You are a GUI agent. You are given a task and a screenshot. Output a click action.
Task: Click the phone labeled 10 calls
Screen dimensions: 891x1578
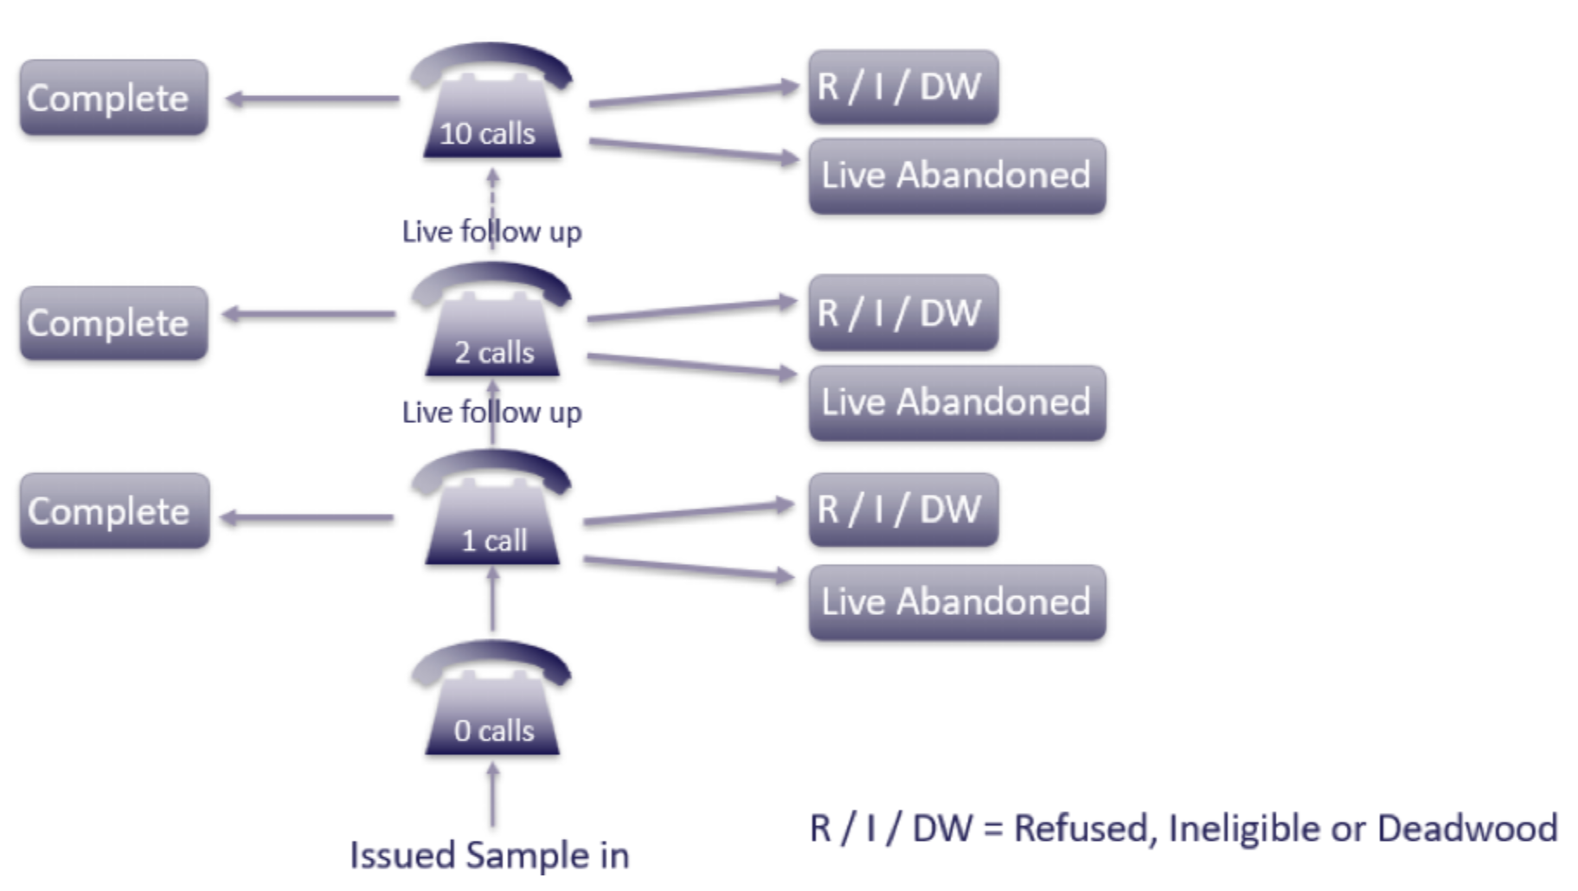tap(491, 104)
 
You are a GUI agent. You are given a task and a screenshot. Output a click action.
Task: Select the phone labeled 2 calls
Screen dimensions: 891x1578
tap(491, 324)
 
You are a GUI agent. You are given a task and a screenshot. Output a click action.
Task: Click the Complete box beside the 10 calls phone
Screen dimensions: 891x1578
tap(113, 98)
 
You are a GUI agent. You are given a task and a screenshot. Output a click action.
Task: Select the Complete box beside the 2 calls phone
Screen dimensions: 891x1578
tap(113, 323)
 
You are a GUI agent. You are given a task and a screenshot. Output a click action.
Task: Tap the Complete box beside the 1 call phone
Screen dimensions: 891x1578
tap(114, 510)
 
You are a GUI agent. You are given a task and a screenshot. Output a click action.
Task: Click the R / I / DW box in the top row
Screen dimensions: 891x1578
tap(902, 87)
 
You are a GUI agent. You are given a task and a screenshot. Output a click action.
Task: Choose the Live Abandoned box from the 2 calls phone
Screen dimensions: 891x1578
tap(956, 403)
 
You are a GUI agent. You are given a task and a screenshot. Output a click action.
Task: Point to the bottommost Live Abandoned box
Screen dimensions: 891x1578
tap(956, 602)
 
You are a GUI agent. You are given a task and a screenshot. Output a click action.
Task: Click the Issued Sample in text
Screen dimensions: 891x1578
tap(489, 855)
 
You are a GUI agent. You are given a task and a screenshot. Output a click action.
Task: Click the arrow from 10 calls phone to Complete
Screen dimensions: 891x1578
tap(311, 99)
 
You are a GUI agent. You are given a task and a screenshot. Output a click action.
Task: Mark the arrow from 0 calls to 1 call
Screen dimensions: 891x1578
tap(492, 599)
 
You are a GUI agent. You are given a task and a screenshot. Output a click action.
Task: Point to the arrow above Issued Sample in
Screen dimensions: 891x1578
tap(492, 794)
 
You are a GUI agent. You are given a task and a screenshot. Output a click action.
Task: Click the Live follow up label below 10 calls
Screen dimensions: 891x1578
tap(491, 232)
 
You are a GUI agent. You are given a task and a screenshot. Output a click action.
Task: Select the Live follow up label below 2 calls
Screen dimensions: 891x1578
tap(491, 413)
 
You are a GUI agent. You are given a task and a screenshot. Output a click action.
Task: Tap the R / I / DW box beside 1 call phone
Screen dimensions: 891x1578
tap(902, 510)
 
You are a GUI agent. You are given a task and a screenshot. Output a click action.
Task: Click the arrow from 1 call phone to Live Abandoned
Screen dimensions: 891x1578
tap(688, 568)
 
